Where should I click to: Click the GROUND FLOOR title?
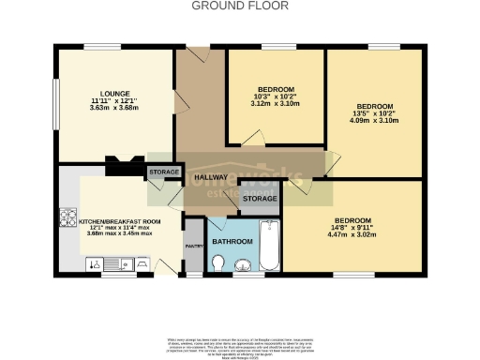point(240,6)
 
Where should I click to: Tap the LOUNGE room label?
point(115,94)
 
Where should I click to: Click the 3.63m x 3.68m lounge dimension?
point(115,107)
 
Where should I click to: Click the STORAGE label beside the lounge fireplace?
point(164,172)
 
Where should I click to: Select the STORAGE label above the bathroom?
point(260,199)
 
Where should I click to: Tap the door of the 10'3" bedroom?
point(251,141)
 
